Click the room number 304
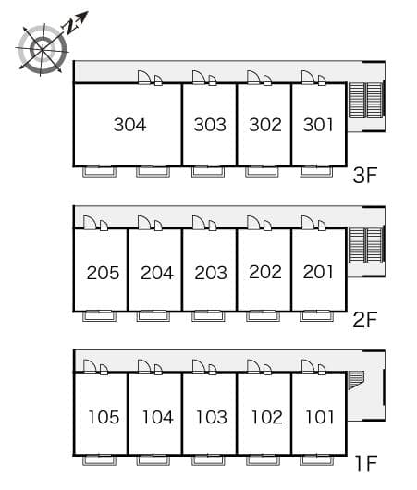[129, 125]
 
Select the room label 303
[210, 125]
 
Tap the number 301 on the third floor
[318, 125]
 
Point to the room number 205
[103, 273]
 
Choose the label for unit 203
[211, 273]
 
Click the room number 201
[318, 272]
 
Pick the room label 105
[104, 417]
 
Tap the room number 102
[266, 417]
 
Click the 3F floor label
[365, 175]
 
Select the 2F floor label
[365, 319]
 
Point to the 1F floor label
[366, 463]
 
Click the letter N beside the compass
[70, 27]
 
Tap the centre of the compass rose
[43, 49]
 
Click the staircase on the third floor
[365, 100]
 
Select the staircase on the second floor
[365, 245]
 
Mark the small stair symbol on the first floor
[356, 380]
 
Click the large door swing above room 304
[144, 78]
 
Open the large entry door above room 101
[308, 366]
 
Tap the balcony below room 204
[153, 316]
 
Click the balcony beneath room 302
[262, 172]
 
